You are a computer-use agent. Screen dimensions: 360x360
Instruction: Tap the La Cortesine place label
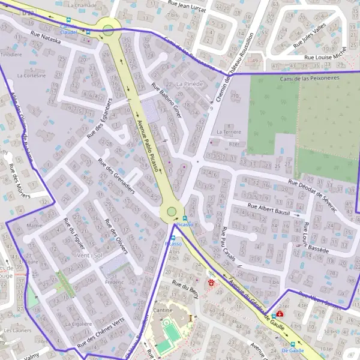(x=31, y=76)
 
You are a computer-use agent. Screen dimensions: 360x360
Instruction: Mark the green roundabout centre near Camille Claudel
(x=108, y=29)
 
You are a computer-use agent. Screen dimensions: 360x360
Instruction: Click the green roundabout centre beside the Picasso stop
(x=172, y=211)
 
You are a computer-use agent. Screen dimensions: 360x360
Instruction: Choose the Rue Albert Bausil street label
(x=269, y=209)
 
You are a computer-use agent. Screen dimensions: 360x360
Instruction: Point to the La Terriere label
(x=228, y=131)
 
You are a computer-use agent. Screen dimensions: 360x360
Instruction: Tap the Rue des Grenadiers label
(x=117, y=176)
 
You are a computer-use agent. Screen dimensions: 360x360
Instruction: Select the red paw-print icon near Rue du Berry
(x=211, y=282)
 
